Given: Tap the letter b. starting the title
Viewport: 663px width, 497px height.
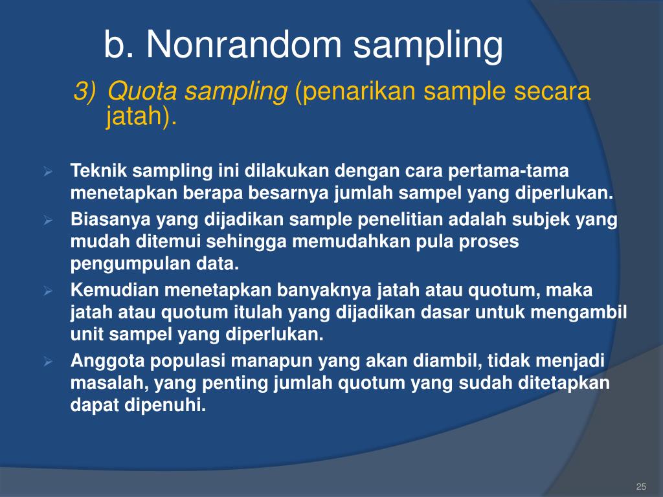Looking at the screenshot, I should click(118, 46).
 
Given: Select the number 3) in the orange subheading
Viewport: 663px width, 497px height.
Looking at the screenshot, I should click(85, 93).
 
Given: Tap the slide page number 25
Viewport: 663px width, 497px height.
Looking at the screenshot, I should click(642, 487).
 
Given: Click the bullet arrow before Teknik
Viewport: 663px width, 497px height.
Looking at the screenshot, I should click(47, 172).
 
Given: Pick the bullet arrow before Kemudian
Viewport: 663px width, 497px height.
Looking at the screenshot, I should click(47, 291).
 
